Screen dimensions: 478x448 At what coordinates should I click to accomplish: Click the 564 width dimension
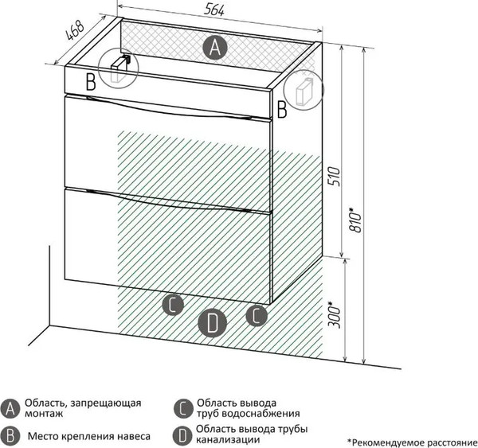214,10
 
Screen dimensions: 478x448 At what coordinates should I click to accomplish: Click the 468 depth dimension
75,30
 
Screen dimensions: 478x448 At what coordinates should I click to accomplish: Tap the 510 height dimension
334,177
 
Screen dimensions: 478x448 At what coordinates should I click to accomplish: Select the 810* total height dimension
356,220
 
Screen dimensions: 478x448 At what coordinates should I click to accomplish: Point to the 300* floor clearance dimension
334,315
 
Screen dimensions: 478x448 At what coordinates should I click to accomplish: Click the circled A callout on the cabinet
216,48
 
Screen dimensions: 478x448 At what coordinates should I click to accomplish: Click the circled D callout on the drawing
212,322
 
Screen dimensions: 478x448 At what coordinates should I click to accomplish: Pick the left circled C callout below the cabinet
173,305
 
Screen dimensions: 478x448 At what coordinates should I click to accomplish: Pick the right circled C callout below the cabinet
257,315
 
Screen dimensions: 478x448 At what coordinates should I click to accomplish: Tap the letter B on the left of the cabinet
91,82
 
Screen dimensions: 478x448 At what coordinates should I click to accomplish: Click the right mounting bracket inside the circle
304,91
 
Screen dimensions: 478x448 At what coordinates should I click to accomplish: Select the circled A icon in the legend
10,409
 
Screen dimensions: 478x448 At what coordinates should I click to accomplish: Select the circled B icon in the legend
10,436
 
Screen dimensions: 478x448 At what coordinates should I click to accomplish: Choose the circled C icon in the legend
182,409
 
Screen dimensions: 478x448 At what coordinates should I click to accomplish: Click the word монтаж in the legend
44,414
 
